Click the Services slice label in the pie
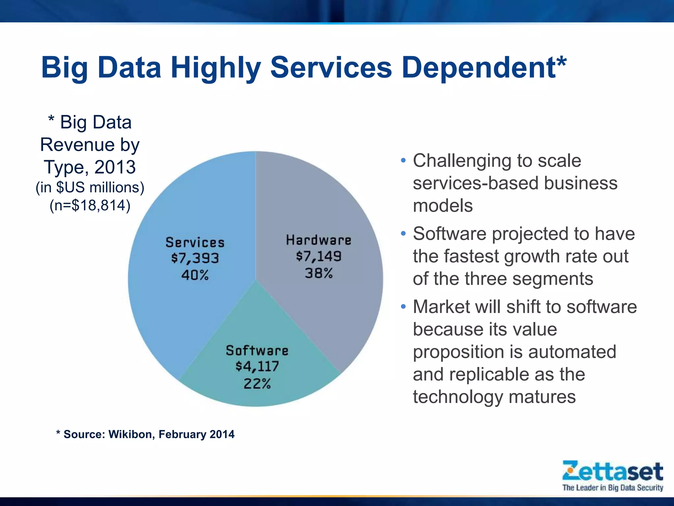pyautogui.click(x=195, y=243)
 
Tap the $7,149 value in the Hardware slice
pyautogui.click(x=319, y=256)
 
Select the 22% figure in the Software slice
pyautogui.click(x=257, y=384)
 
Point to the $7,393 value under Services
pyautogui.click(x=195, y=258)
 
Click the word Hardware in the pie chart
pyautogui.click(x=319, y=240)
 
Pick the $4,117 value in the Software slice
pyautogui.click(x=257, y=366)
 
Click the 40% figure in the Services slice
pyautogui.click(x=195, y=275)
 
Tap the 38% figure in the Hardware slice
pyautogui.click(x=319, y=273)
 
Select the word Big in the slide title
pyautogui.click(x=65, y=69)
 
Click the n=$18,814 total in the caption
pyautogui.click(x=90, y=205)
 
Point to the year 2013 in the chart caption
pyautogui.click(x=115, y=167)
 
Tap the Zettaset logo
pyautogui.click(x=612, y=471)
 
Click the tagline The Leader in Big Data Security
pyautogui.click(x=612, y=488)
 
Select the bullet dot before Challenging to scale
pyautogui.click(x=403, y=161)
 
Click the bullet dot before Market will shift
pyautogui.click(x=403, y=307)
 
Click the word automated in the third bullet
pyautogui.click(x=572, y=352)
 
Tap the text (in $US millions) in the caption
pyautogui.click(x=90, y=187)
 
